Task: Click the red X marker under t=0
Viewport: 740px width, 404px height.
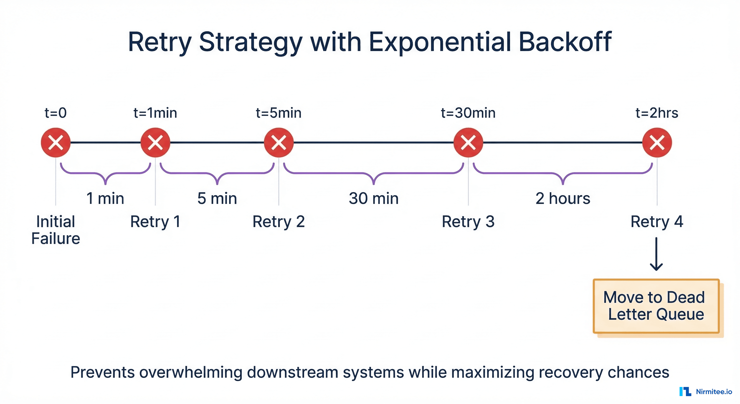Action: coord(55,143)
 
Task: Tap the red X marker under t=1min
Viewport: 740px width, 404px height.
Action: coord(155,143)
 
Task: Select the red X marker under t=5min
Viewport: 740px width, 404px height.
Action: coord(279,143)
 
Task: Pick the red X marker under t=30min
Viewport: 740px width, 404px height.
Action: coord(468,143)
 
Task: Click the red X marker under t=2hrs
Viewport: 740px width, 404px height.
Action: coord(657,143)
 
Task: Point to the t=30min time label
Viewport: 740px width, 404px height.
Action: coord(468,113)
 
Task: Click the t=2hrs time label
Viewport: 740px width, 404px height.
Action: coord(657,113)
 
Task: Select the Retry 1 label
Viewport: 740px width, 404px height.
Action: coord(155,222)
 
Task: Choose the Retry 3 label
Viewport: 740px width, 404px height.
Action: coord(468,222)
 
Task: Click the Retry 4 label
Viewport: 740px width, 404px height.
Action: coord(657,222)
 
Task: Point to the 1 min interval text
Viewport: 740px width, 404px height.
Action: coord(105,198)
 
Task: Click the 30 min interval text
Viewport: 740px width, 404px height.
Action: coord(373,198)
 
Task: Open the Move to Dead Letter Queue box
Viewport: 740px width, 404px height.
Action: coord(656,306)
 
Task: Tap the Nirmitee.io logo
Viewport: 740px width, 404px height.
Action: coord(706,391)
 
